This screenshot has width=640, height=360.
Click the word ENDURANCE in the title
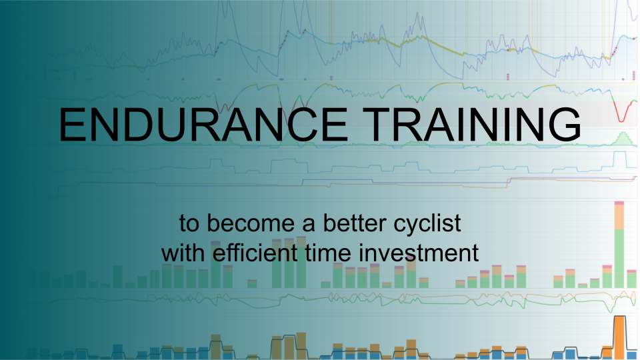pos(203,124)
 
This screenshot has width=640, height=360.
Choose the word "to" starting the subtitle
pos(189,224)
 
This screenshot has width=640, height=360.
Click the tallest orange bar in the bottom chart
pos(619,337)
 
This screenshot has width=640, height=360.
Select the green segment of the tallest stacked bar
pos(619,259)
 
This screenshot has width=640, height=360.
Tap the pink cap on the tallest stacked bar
pos(619,203)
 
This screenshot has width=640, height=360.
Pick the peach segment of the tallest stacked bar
pos(619,217)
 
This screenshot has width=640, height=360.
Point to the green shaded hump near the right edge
pos(623,139)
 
